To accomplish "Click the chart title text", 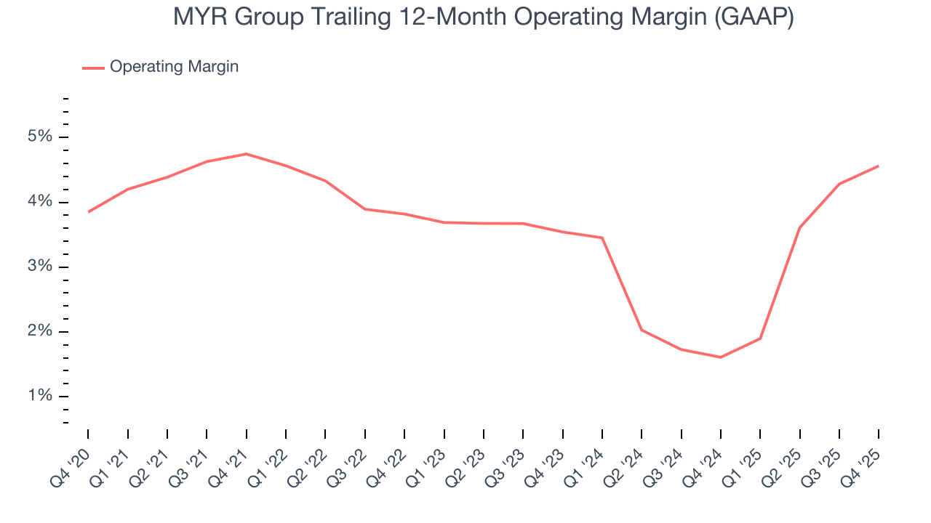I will click(483, 17).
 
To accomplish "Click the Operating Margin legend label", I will click(174, 67).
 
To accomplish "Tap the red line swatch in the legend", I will click(93, 68).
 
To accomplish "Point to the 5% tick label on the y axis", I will click(40, 137).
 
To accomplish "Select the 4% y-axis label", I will click(40, 202).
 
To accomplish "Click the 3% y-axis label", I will click(40, 267).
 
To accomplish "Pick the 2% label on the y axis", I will click(40, 332).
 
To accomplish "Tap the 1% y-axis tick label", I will click(40, 397).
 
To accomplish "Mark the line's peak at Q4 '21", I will click(247, 154).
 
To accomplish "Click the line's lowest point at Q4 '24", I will click(721, 357).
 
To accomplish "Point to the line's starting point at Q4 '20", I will click(89, 212).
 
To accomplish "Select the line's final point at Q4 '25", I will click(879, 166).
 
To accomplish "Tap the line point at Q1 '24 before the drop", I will click(602, 238).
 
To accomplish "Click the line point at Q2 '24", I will click(642, 330).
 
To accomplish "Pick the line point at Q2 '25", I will click(799, 227).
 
